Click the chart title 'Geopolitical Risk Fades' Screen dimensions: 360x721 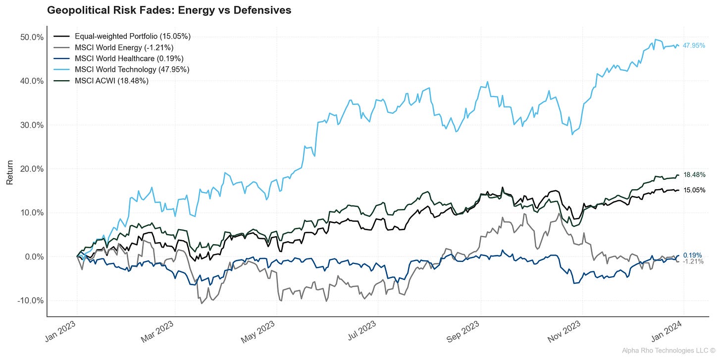pyautogui.click(x=169, y=10)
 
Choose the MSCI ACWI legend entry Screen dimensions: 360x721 pyautogui.click(x=111, y=80)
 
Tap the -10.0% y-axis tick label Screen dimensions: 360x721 pyautogui.click(x=29, y=301)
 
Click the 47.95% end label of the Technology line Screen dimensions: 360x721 pyautogui.click(x=694, y=46)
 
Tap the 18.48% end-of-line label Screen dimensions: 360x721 pyautogui.click(x=694, y=175)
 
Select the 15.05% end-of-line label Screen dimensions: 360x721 pyautogui.click(x=694, y=190)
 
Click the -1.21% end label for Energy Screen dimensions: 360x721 pyautogui.click(x=693, y=261)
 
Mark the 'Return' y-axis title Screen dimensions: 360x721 pyautogui.click(x=9, y=175)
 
